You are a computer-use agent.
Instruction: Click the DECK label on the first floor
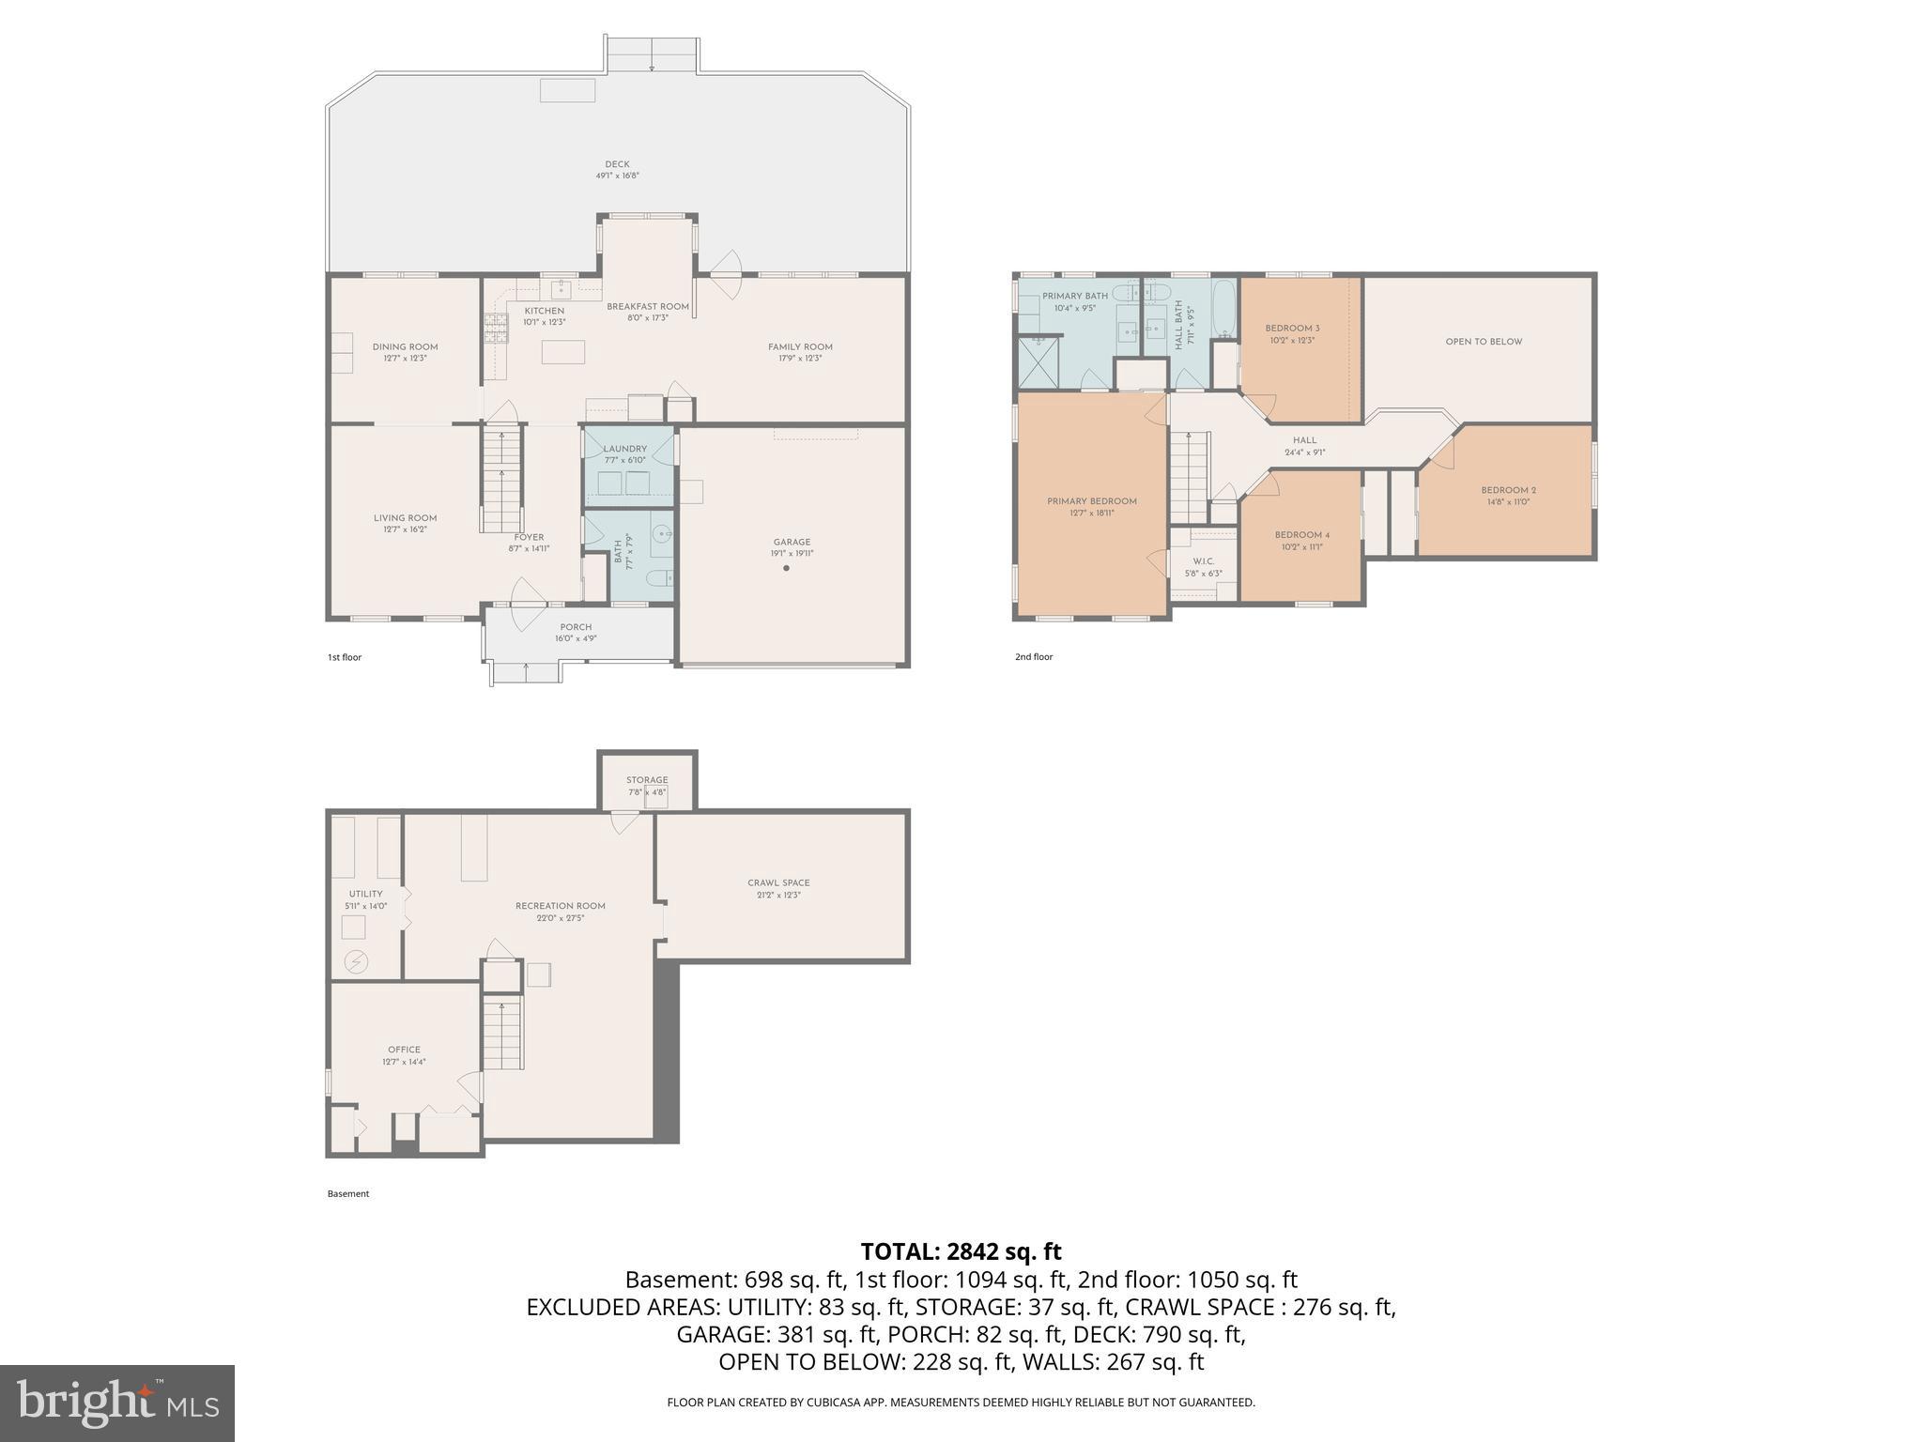tap(617, 164)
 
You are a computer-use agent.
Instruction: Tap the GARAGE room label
tap(792, 542)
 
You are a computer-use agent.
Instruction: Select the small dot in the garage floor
tap(786, 568)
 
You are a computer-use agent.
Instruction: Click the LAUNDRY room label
tap(624, 449)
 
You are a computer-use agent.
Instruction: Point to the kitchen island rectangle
tap(562, 351)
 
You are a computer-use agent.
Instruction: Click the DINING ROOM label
tap(405, 346)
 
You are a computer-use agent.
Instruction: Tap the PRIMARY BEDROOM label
tap(1092, 501)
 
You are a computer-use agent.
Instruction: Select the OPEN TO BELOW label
tap(1484, 342)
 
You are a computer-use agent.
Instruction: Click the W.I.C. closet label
tap(1203, 561)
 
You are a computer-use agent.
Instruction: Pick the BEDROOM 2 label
tap(1508, 490)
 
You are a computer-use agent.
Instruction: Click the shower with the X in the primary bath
tap(1039, 363)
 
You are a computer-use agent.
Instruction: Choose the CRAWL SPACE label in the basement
tap(778, 882)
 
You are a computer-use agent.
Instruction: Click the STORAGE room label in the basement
tap(647, 780)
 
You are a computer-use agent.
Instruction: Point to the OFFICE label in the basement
tap(404, 1050)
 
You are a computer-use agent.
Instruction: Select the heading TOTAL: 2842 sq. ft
tap(961, 1251)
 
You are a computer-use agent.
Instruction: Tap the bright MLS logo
tap(117, 1403)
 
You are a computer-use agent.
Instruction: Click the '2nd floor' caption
tap(1034, 657)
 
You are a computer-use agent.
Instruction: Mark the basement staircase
tap(502, 1034)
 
